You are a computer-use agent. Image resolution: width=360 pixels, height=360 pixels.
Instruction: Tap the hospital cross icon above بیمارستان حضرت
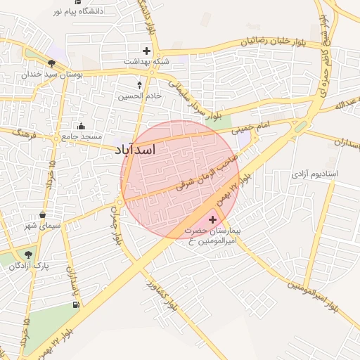coord(213,220)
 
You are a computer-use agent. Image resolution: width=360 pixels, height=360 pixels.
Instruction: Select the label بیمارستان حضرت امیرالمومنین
coord(212,236)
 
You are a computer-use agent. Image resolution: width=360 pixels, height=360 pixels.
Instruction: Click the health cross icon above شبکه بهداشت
coord(146,51)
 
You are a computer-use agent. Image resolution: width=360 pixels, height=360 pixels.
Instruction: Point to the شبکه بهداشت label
coord(146,62)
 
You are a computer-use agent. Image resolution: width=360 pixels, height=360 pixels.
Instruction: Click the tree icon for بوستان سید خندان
coord(52,63)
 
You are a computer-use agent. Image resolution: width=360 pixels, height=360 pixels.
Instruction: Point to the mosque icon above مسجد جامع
coord(81,126)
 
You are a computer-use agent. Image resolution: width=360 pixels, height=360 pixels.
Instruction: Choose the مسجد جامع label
coord(82,136)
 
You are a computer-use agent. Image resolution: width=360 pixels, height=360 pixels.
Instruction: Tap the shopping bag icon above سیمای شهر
coord(43,215)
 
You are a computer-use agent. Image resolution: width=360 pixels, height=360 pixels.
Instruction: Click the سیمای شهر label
coord(43,226)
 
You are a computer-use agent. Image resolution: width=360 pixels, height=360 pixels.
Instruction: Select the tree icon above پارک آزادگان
coord(27,255)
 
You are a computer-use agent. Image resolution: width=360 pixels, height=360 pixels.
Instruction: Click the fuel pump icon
coord(75,304)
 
